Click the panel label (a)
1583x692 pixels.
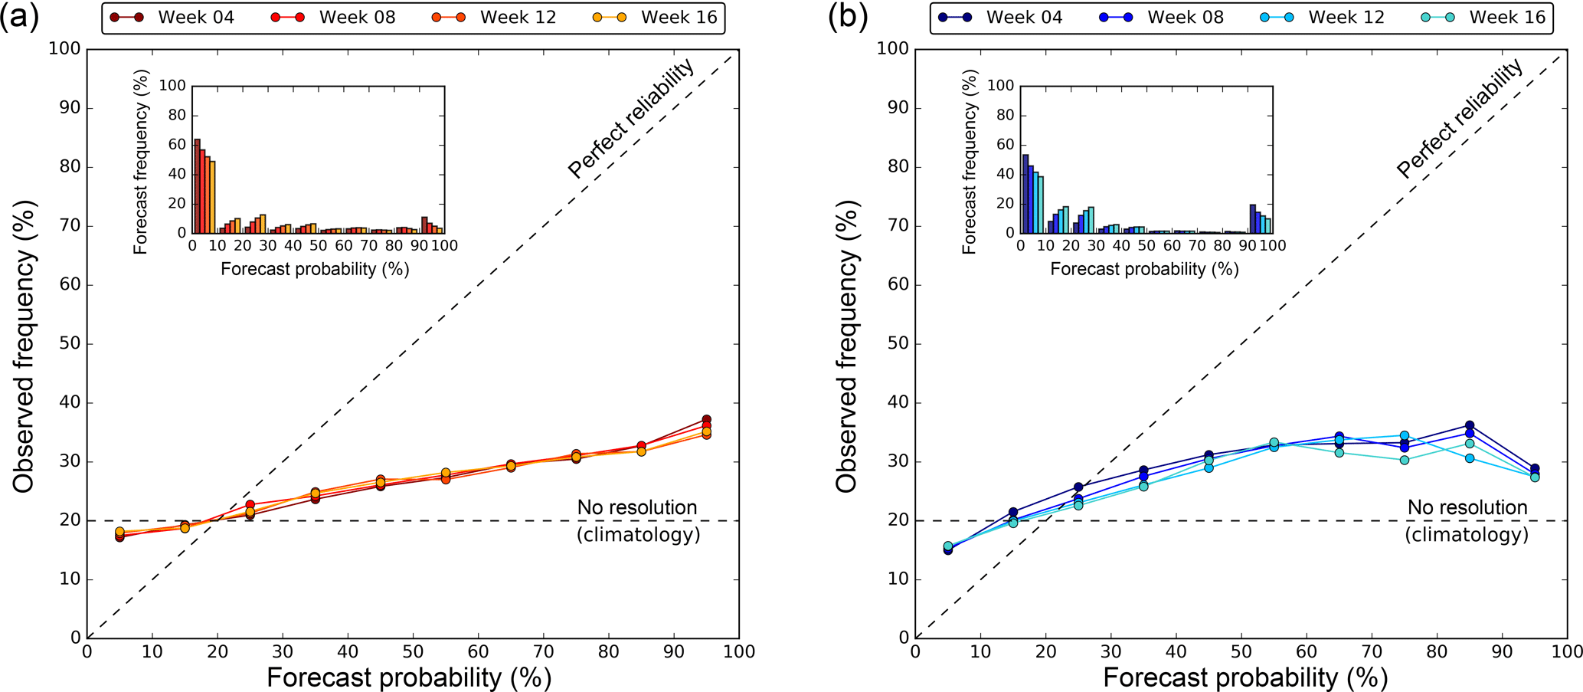tap(19, 17)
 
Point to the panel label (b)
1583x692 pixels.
tap(848, 17)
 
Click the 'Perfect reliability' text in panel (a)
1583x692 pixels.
tap(631, 119)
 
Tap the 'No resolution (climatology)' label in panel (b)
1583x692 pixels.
tap(1467, 520)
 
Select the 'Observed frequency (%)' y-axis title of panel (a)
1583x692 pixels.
tap(25, 346)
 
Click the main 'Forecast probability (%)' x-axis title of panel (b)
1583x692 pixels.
tap(1245, 677)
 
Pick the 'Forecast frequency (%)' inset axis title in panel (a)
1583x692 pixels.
tap(140, 167)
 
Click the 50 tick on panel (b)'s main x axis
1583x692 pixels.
tap(1241, 652)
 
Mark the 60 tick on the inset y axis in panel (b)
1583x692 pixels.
tap(1004, 145)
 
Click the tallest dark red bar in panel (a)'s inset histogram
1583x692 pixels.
tap(197, 186)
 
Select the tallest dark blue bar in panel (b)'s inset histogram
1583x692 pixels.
tap(1025, 194)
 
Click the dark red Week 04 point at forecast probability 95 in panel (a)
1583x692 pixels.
tap(706, 420)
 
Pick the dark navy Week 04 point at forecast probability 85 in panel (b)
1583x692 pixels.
tap(1470, 425)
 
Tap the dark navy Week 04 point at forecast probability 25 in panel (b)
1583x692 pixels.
tap(1078, 487)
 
